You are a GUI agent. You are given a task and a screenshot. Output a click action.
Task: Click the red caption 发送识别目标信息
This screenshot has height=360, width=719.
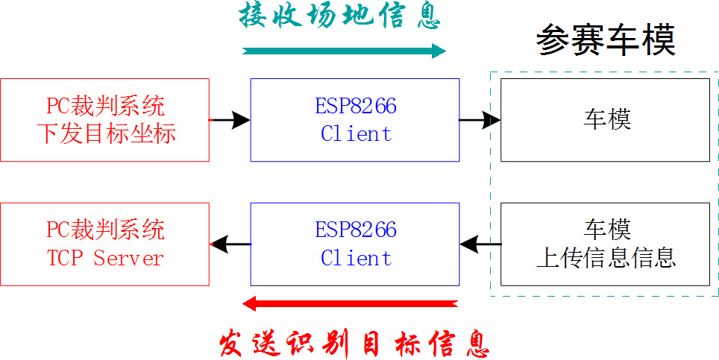354,344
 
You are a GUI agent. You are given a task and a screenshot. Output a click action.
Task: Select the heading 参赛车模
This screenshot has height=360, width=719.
606,41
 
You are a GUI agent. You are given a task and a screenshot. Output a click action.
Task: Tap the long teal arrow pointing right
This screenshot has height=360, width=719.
344,51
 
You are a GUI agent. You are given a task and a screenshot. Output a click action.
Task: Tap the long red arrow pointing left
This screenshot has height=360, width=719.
351,303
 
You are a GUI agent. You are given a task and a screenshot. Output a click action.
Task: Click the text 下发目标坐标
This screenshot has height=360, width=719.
106,134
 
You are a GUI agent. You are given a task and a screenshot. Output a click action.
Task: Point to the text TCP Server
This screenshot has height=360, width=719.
105,259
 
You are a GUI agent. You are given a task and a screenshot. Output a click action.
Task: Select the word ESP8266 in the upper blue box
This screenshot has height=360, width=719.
356,106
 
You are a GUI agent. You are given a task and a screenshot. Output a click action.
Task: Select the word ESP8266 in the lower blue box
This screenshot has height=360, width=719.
356,230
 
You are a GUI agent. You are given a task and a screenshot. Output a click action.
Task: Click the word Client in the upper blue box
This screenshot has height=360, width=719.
356,134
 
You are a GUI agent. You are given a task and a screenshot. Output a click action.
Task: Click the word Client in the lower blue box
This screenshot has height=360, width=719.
356,259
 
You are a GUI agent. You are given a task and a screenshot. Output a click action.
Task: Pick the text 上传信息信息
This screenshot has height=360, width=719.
606,258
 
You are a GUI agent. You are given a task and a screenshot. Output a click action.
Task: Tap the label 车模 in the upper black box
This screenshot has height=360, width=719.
606,120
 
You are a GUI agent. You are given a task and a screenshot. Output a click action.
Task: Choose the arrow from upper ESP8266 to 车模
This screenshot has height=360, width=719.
480,119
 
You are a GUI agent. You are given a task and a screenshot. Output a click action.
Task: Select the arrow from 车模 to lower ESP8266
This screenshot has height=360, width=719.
480,243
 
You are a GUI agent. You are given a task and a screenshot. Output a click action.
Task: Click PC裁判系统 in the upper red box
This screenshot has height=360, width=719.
105,106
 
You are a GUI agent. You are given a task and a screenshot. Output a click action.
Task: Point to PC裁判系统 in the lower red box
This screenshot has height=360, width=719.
105,230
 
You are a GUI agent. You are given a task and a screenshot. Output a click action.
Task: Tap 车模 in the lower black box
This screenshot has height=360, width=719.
606,230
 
